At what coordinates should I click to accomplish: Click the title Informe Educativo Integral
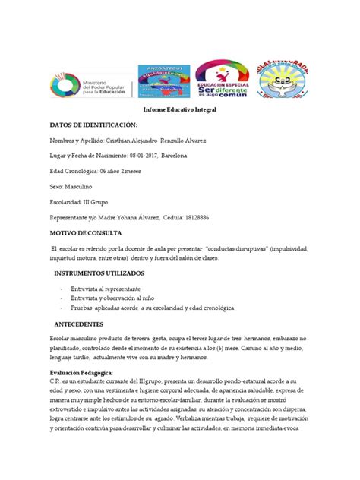180,109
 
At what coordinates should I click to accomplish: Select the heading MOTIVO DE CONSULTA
91,232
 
